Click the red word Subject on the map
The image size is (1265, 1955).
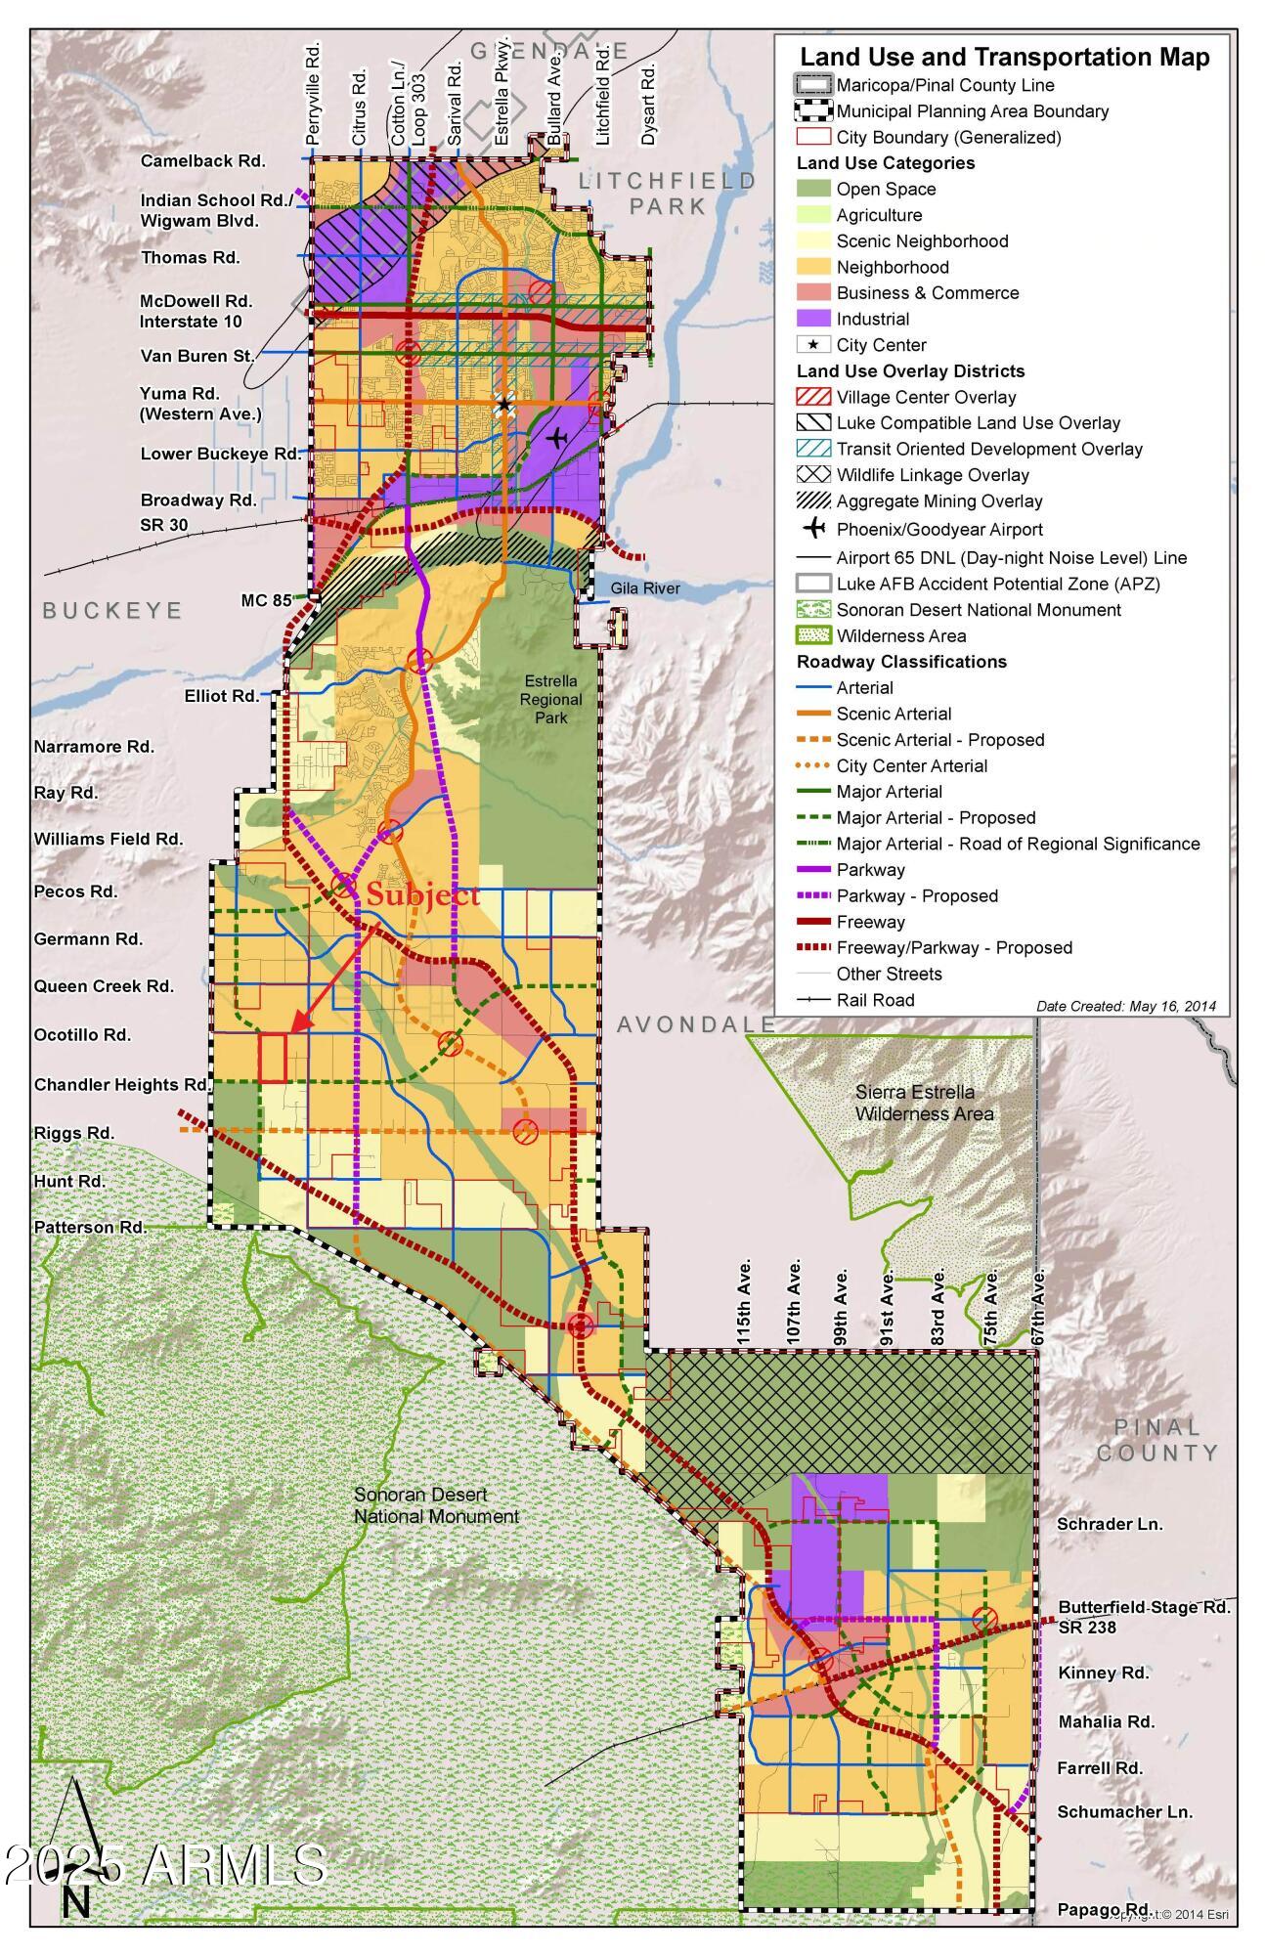pyautogui.click(x=422, y=894)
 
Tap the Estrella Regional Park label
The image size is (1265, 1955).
pyautogui.click(x=550, y=699)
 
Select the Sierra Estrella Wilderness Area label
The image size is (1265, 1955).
pyautogui.click(x=924, y=1103)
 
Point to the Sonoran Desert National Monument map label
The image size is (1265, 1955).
pyautogui.click(x=436, y=1505)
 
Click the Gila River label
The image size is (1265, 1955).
pyautogui.click(x=645, y=588)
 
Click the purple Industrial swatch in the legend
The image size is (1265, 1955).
pyautogui.click(x=813, y=319)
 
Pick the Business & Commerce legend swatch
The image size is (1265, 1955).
pyautogui.click(x=813, y=292)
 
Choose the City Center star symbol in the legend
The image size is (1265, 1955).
pyautogui.click(x=813, y=345)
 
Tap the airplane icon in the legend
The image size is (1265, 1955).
pyautogui.click(x=813, y=529)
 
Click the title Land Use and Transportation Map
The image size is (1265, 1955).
pyautogui.click(x=1004, y=57)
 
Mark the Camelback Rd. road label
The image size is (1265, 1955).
pyautogui.click(x=202, y=161)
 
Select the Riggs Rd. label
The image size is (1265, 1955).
pyautogui.click(x=74, y=1133)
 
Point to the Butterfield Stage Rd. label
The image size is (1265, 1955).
pyautogui.click(x=1144, y=1607)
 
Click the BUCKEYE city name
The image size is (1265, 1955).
pyautogui.click(x=112, y=611)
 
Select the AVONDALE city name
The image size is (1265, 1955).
pyautogui.click(x=696, y=1024)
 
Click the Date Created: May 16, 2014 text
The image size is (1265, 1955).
pyautogui.click(x=1125, y=1006)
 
